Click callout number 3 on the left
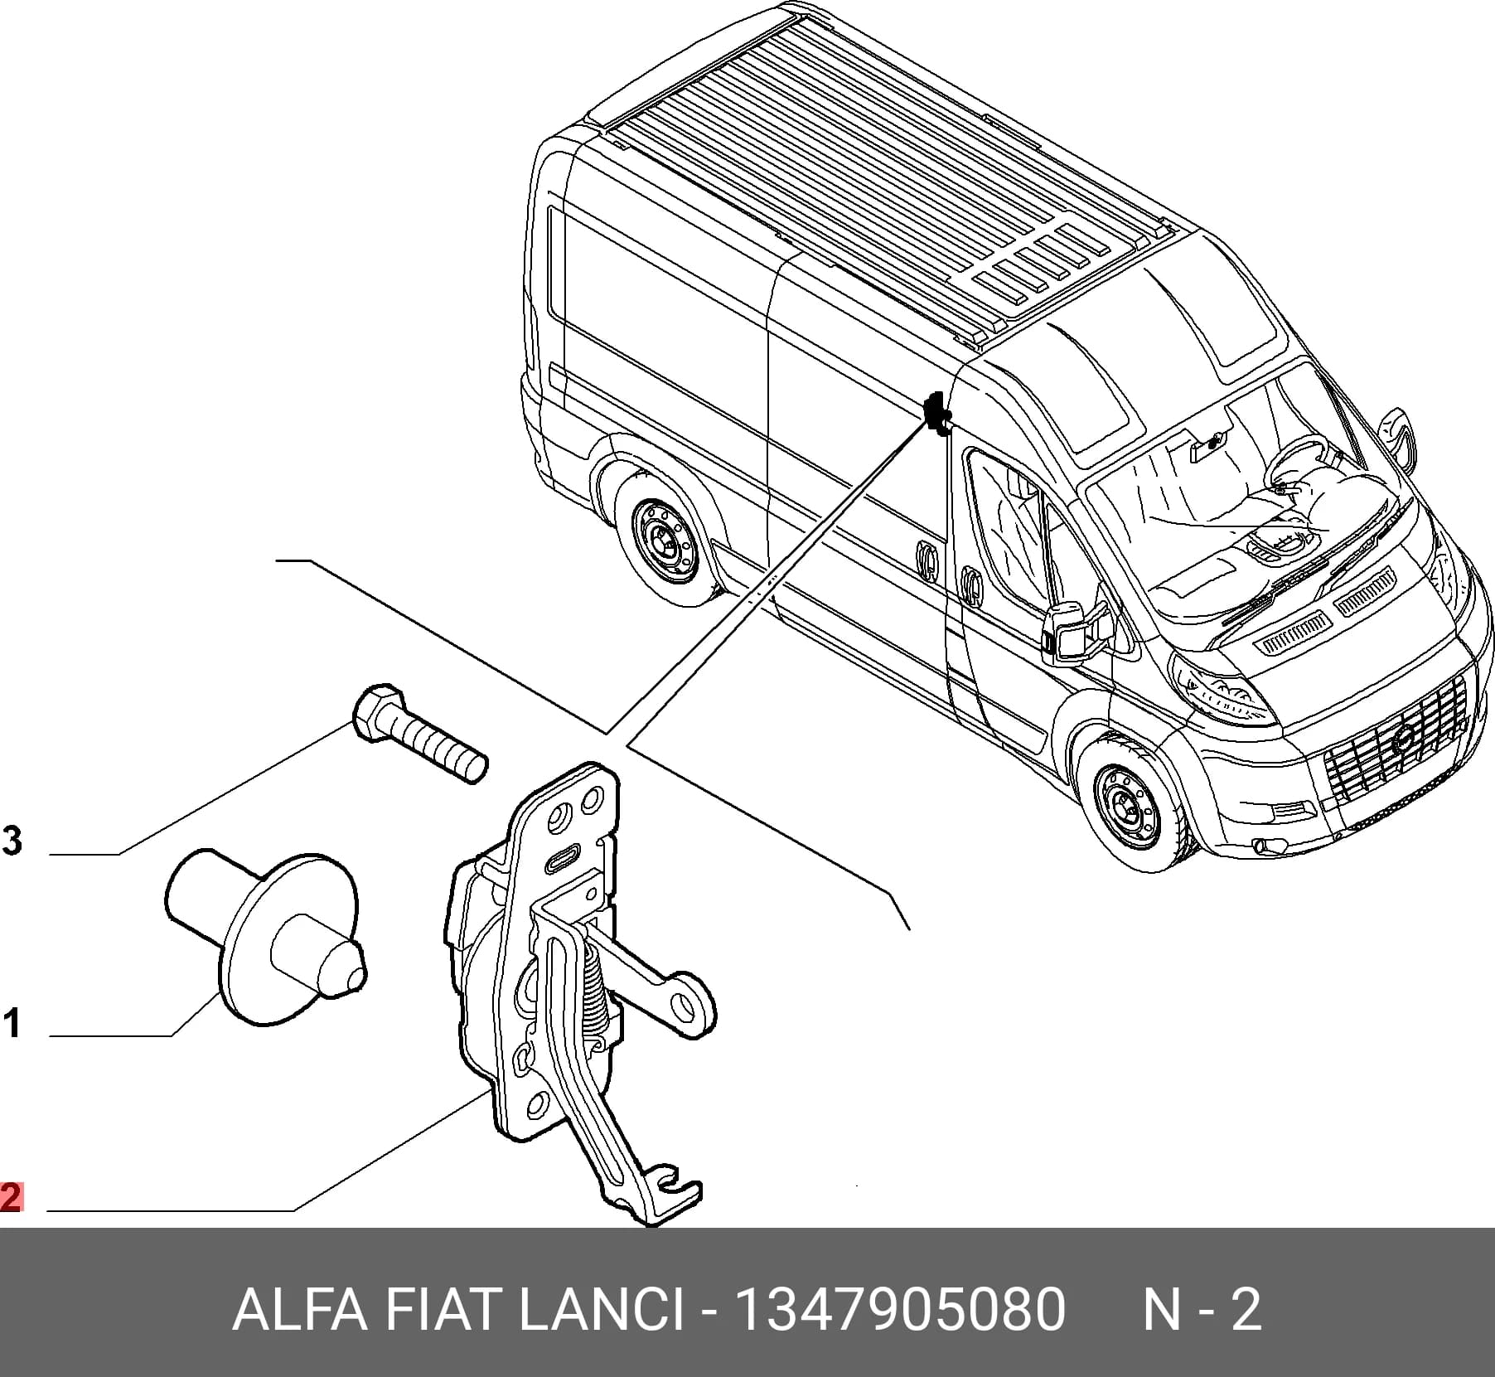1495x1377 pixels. click(12, 841)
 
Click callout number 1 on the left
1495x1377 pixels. click(12, 1023)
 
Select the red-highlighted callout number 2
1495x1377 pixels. click(11, 1197)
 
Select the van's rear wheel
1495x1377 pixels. click(665, 536)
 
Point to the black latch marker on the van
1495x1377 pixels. click(939, 412)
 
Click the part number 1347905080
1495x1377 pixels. click(900, 1310)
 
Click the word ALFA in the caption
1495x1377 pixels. click(298, 1310)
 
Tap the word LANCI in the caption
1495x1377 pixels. click(602, 1310)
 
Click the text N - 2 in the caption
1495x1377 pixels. click(1203, 1310)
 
